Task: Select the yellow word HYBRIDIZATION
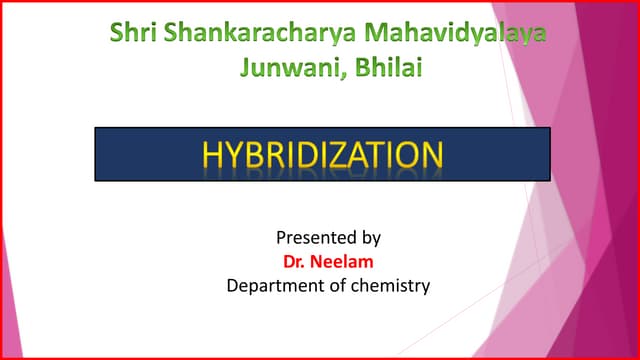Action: [x=322, y=155]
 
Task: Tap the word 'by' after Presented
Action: [x=370, y=239]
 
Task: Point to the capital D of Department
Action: [x=233, y=286]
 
